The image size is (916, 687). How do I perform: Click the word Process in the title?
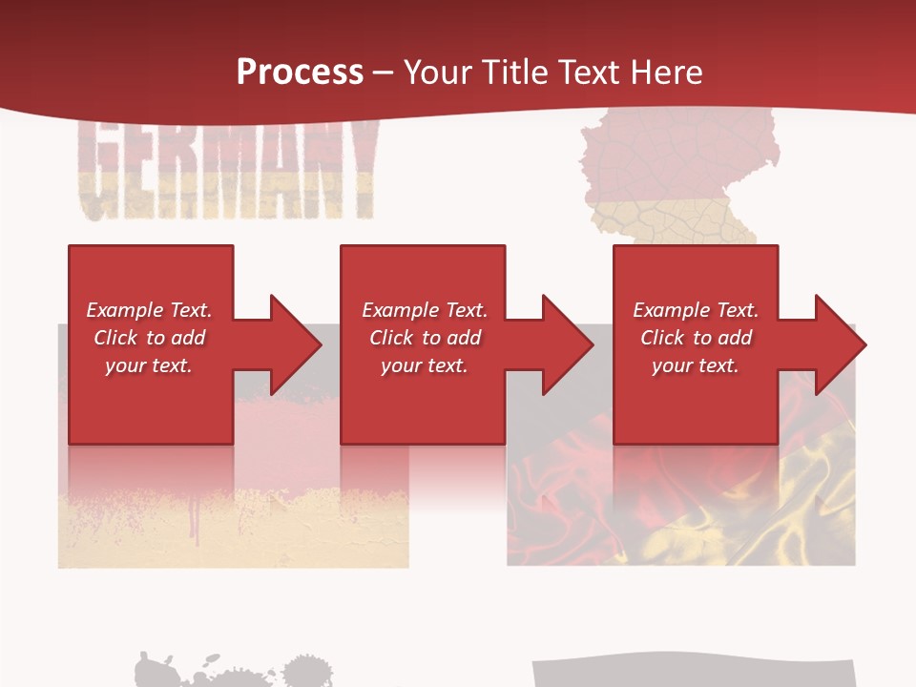pos(300,73)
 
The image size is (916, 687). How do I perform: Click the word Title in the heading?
pos(514,73)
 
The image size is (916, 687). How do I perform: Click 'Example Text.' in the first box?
pos(149,310)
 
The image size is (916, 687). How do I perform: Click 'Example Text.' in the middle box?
pos(425,310)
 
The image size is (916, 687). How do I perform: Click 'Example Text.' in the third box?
pos(696,310)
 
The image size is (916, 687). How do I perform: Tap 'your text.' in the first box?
pos(149,365)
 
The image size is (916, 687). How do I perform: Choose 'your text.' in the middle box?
pos(425,365)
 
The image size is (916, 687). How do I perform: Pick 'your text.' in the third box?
pos(696,365)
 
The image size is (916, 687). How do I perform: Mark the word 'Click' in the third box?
pos(663,338)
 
